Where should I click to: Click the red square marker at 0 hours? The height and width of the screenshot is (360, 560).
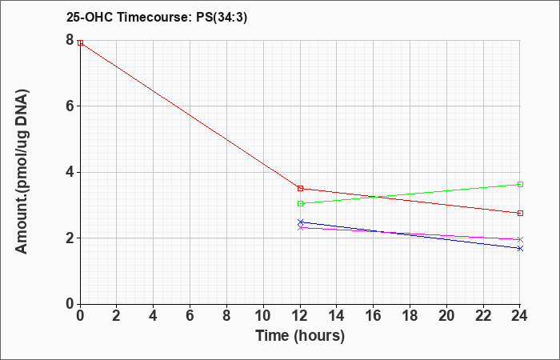(x=80, y=43)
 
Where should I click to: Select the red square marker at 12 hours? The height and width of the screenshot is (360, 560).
(x=300, y=188)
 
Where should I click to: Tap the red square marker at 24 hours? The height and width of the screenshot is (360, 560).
(x=520, y=214)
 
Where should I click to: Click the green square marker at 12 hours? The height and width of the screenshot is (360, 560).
(x=300, y=203)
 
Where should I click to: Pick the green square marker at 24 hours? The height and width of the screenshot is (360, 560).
(x=520, y=184)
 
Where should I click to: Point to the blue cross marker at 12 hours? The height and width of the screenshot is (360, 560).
(x=300, y=222)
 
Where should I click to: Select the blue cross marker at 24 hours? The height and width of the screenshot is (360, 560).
(x=520, y=248)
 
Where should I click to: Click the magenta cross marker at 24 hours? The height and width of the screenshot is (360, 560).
(x=520, y=240)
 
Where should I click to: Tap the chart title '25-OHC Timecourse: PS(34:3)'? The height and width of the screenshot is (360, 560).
(x=157, y=17)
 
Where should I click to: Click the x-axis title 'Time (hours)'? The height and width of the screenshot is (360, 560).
(x=300, y=336)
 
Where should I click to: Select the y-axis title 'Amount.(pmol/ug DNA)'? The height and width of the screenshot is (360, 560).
(x=22, y=171)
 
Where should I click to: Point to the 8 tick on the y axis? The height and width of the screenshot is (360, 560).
(x=70, y=40)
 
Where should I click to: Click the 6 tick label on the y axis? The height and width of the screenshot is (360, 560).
(x=70, y=106)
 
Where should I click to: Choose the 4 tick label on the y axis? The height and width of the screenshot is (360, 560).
(x=70, y=172)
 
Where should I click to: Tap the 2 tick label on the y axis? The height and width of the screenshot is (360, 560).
(x=70, y=238)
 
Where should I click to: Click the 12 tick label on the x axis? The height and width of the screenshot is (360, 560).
(x=300, y=316)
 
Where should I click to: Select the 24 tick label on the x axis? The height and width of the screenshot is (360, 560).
(x=520, y=316)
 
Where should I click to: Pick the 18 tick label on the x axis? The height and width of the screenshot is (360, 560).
(x=410, y=316)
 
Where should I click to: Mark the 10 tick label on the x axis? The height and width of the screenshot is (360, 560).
(x=263, y=316)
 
